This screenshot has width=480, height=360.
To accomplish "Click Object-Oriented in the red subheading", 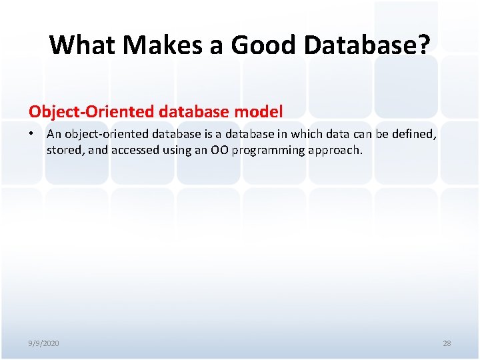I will point(82,111).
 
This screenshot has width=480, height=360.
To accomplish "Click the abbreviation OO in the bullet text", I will point(219,150).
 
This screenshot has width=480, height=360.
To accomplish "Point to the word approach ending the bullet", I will point(335,150).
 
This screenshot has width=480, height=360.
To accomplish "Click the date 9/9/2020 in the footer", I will point(43,343).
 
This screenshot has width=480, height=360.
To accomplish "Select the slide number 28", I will point(447,343).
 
